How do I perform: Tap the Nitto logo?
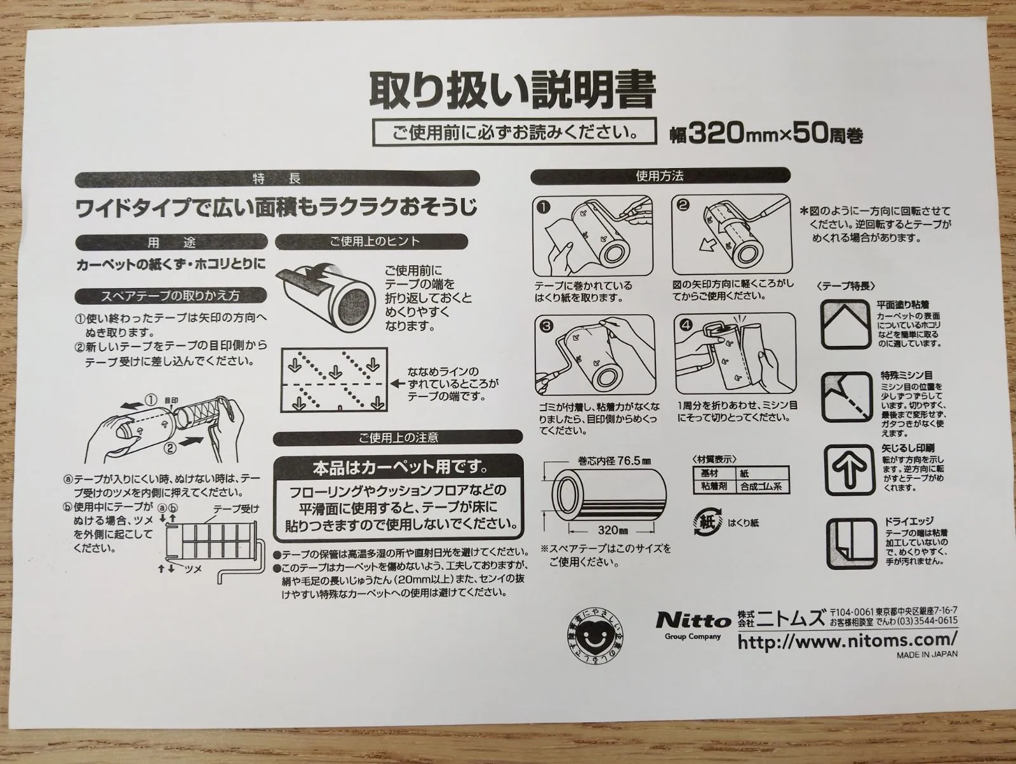pyautogui.click(x=693, y=620)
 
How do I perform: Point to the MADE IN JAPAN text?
pyautogui.click(x=927, y=654)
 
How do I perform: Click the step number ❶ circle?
pyautogui.click(x=544, y=207)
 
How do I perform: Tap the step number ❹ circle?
pyautogui.click(x=686, y=325)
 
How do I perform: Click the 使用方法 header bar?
pyautogui.click(x=660, y=176)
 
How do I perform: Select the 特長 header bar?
pyautogui.click(x=277, y=178)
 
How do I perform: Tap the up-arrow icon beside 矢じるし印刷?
pyautogui.click(x=850, y=470)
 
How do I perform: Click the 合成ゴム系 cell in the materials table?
pyautogui.click(x=761, y=486)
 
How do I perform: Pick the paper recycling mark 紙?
pyautogui.click(x=708, y=522)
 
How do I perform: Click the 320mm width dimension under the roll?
pyautogui.click(x=613, y=530)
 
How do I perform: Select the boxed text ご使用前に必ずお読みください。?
pyautogui.click(x=515, y=132)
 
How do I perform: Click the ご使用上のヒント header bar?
pyautogui.click(x=371, y=242)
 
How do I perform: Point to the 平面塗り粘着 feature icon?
pyautogui.click(x=845, y=324)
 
